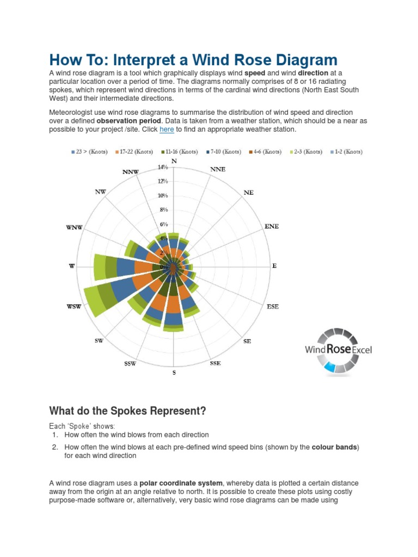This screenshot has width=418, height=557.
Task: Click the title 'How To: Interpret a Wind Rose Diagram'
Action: pos(193,60)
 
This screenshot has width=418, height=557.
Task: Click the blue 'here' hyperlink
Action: pos(167,129)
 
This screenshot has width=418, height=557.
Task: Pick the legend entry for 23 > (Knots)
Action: pos(90,152)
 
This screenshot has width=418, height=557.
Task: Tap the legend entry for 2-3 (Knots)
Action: pos(305,152)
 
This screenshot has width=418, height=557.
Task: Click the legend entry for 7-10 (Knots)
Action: pos(224,152)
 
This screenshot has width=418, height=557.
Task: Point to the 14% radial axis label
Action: pos(163,168)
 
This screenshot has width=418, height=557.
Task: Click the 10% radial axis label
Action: pos(163,196)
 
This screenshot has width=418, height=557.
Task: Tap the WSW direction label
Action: pos(74,307)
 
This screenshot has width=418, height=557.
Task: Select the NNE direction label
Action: pos(218,170)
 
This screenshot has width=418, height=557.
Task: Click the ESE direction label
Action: pos(273,307)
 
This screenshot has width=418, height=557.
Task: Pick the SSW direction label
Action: pos(130,363)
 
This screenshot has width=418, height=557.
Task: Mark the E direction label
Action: pos(274,266)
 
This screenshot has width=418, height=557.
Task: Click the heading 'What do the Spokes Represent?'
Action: pos(128,411)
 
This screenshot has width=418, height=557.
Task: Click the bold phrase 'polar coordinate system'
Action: pos(181,483)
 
